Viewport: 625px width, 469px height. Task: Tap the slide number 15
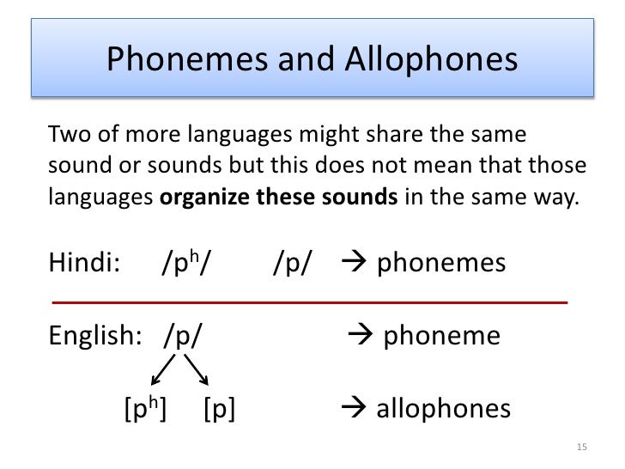coord(582,447)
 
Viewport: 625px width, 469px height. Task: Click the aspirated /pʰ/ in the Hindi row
coord(185,263)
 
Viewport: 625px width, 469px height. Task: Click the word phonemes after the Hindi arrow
coord(441,263)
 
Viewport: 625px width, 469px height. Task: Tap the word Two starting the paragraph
coord(66,136)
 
